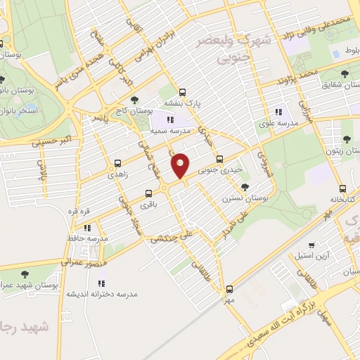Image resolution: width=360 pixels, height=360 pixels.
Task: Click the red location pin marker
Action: (181, 165)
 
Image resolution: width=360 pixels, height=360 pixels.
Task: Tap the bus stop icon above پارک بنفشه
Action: (183, 92)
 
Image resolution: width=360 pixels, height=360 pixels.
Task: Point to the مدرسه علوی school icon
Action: (278, 111)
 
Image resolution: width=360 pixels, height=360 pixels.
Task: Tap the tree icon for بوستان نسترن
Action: (245, 187)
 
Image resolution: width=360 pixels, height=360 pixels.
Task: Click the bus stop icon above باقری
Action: (148, 193)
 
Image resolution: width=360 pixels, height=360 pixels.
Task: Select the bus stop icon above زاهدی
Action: (117, 162)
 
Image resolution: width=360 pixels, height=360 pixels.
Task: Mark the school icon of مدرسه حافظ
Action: (87, 228)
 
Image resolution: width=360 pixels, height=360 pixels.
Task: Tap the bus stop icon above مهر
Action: (229, 288)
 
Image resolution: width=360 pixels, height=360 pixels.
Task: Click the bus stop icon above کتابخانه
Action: (342, 188)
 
